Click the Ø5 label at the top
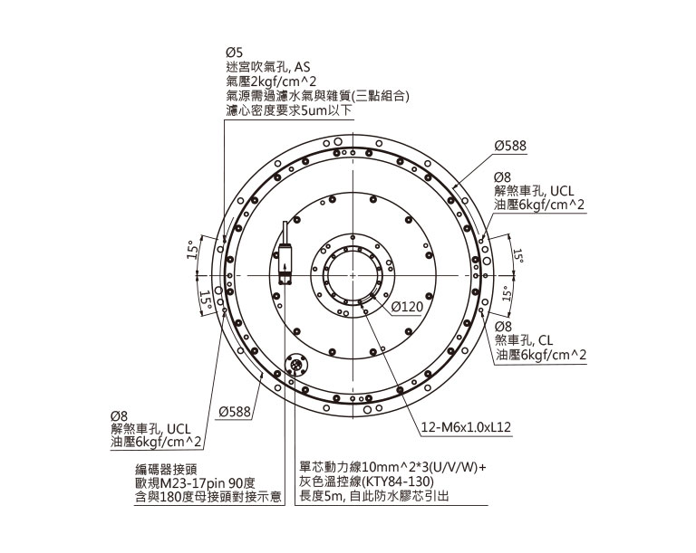[x=234, y=52]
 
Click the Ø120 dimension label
[x=407, y=307]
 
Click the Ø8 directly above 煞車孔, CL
[x=503, y=326]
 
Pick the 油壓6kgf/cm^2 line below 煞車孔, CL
[x=540, y=356]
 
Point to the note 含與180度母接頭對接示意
[x=204, y=497]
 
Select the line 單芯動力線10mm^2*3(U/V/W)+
[x=392, y=468]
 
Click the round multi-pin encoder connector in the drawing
[x=297, y=367]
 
